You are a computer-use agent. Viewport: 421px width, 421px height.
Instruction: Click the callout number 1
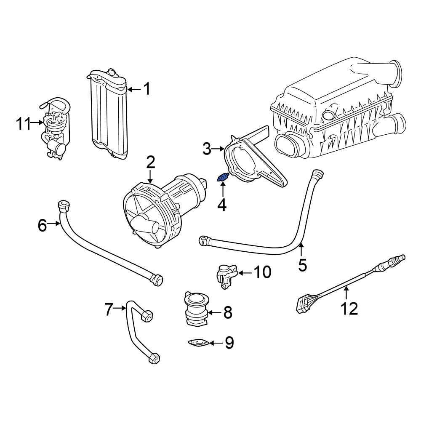(147, 89)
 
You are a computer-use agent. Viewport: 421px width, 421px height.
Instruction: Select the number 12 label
(349, 309)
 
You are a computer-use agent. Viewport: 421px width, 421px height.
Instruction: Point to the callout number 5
(302, 265)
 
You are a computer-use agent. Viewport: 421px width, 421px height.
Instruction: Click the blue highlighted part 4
(222, 179)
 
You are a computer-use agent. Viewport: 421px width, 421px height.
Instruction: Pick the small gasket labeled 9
(198, 344)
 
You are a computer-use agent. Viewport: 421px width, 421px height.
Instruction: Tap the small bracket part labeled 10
(225, 276)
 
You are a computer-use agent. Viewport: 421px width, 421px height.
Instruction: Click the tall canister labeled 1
(109, 116)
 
